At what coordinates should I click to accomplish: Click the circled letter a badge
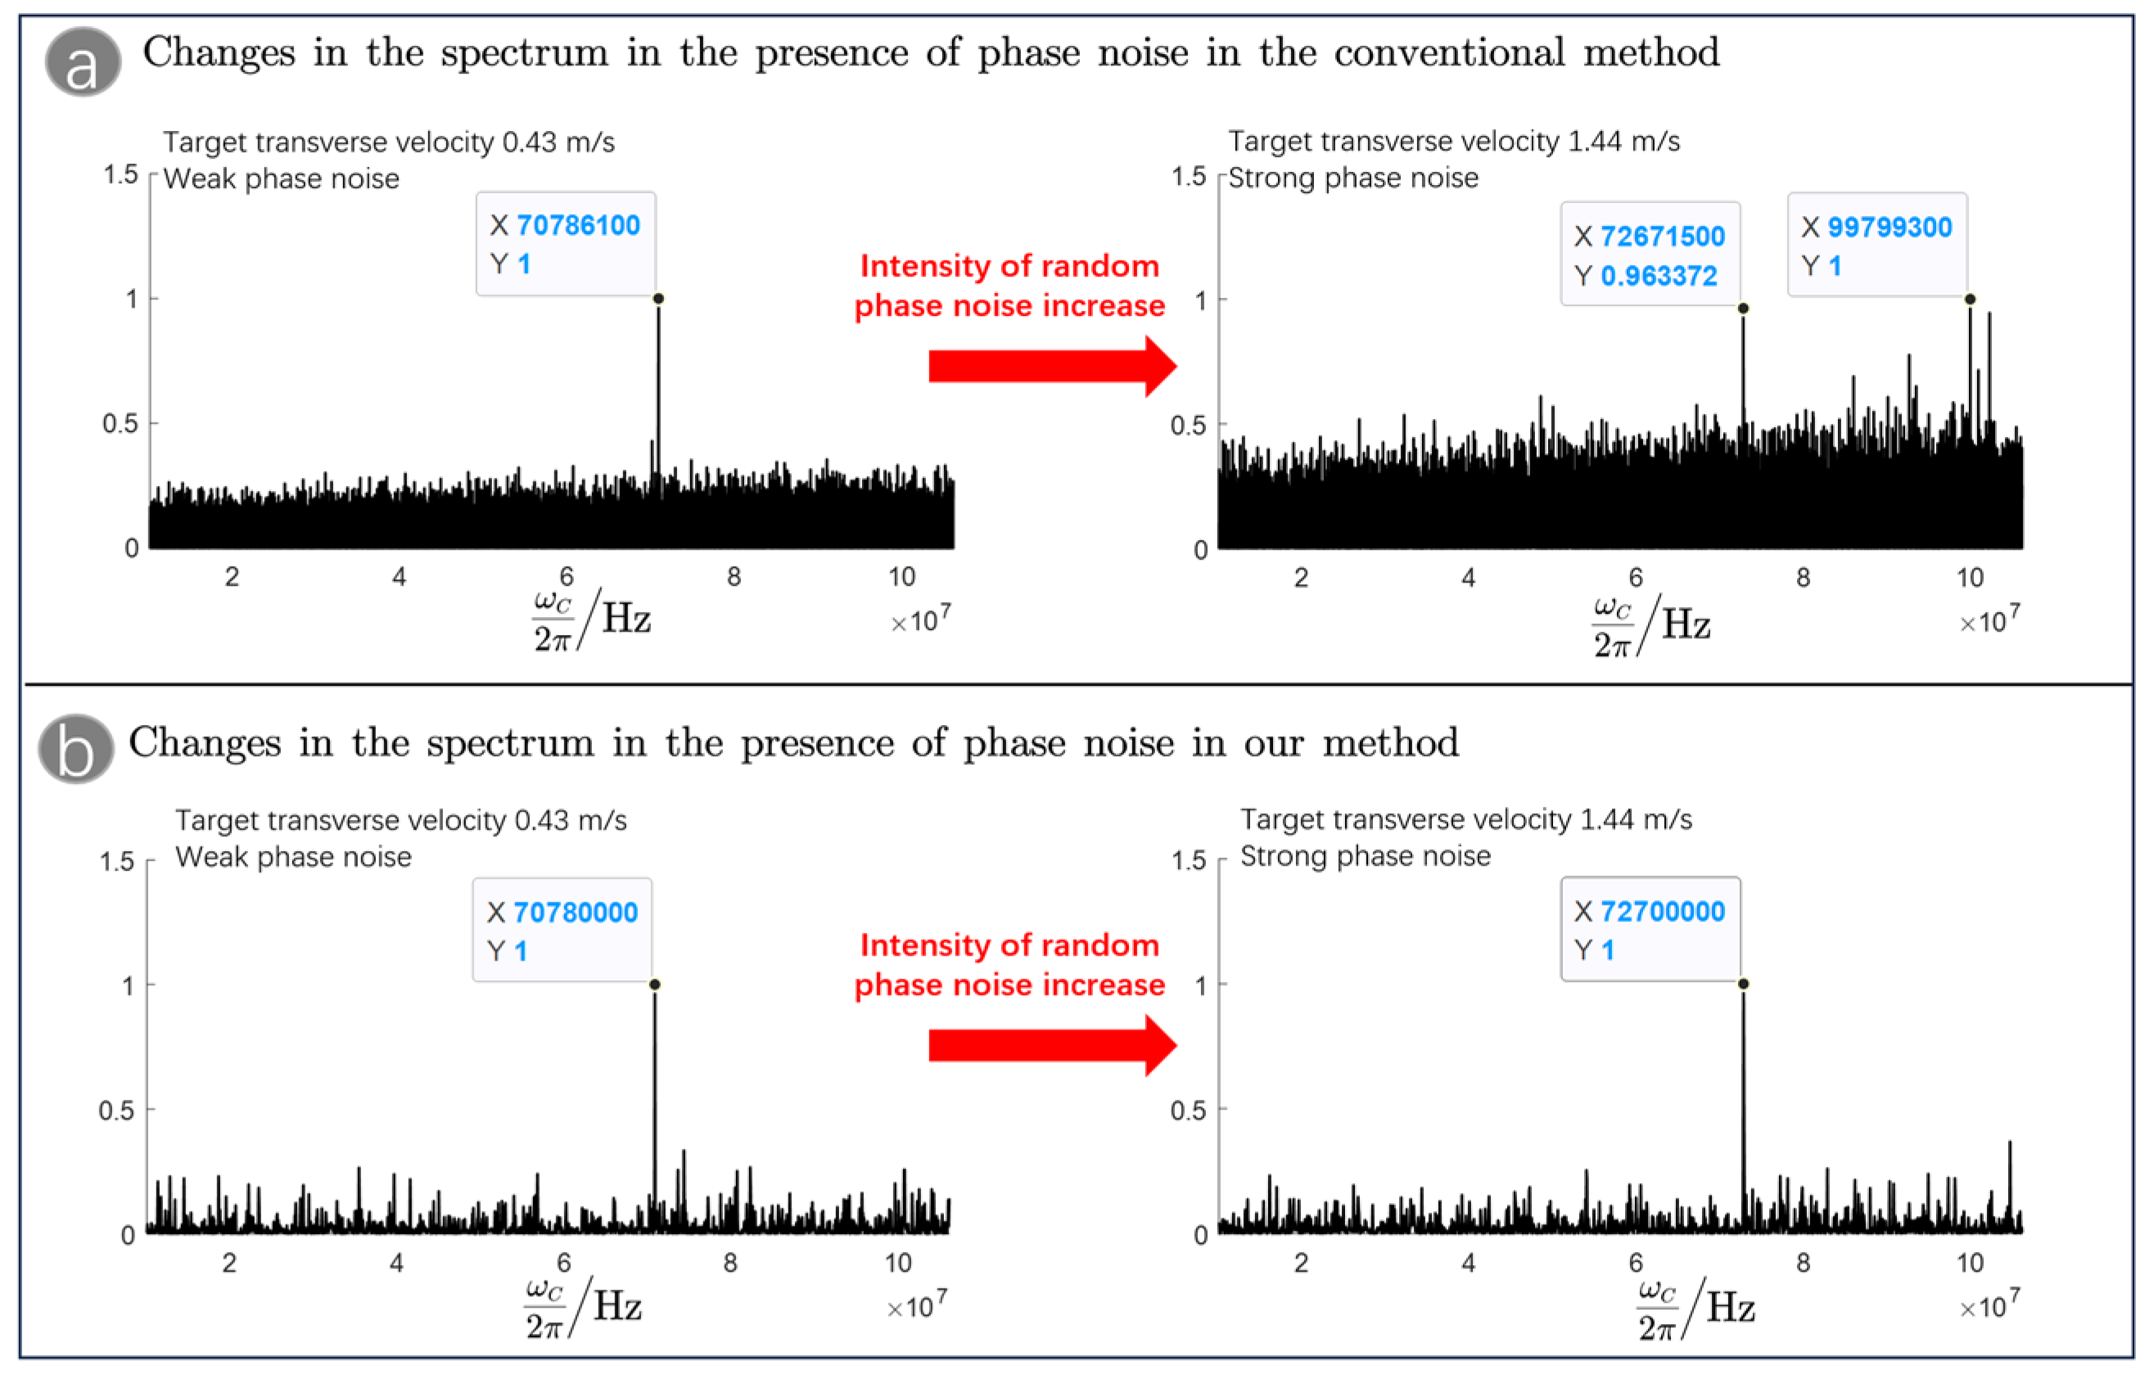coord(82,62)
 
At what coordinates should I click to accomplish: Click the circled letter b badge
coord(76,750)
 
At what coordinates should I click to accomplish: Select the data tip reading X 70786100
coord(566,244)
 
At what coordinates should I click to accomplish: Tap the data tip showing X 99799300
coord(1877,245)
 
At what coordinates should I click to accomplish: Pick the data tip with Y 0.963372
coord(1650,255)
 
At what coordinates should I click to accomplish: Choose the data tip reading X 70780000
coord(562,930)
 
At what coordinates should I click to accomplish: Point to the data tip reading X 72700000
coord(1650,930)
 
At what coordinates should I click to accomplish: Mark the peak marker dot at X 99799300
coord(1970,299)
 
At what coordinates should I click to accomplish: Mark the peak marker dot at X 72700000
coord(1743,984)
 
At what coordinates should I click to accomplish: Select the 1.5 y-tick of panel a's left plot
coord(120,174)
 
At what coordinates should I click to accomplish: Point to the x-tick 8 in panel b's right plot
coord(1803,1263)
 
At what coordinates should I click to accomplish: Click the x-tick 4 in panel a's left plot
coord(399,577)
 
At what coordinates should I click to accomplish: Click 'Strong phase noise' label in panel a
coord(1353,178)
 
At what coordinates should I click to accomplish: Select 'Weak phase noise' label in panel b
coord(294,857)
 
